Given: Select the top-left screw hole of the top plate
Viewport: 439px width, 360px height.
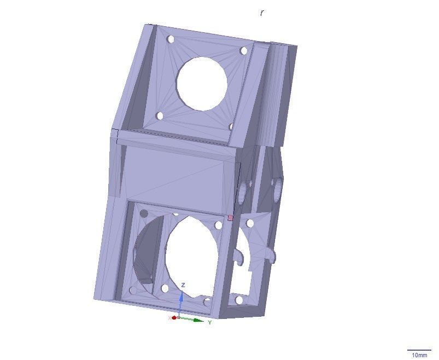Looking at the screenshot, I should [171, 39].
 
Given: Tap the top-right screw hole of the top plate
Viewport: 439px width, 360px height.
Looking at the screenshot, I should [244, 51].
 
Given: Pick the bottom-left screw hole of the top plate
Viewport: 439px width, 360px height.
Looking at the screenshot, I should [160, 116].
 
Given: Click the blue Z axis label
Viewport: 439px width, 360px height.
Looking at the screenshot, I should [183, 285].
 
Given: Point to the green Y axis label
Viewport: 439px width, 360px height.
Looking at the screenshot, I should [209, 322].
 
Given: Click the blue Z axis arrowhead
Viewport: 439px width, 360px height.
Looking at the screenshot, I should [182, 296].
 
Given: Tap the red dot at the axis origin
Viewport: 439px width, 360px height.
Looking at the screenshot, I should [174, 317].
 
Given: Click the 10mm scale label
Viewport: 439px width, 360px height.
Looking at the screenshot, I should [419, 355].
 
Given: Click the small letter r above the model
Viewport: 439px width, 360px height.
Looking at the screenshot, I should [262, 13].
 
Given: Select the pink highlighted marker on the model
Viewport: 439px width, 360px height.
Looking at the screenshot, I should [230, 218].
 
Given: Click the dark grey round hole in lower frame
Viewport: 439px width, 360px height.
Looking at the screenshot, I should [144, 213].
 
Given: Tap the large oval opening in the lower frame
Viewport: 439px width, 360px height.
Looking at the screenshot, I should [191, 257].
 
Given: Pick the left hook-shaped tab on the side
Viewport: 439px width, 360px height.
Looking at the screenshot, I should [239, 256].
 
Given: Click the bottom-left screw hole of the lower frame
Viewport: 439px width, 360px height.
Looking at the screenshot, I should [132, 291].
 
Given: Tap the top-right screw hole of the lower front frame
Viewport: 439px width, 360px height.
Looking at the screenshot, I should [218, 225].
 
